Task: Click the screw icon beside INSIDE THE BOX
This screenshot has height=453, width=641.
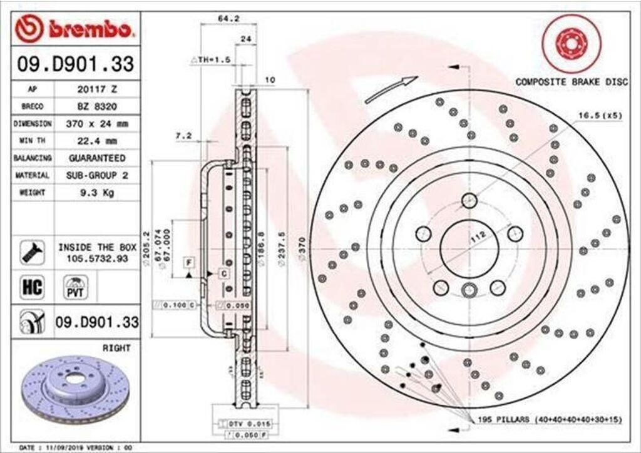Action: [x=32, y=252]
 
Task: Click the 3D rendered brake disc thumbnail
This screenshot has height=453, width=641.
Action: [x=74, y=390]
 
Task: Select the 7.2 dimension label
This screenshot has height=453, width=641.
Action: [x=183, y=135]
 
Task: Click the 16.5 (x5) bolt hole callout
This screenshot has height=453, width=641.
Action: [x=600, y=115]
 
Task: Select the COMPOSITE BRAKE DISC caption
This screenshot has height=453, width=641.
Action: [x=571, y=82]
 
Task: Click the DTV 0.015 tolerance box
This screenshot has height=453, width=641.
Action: [x=242, y=424]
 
